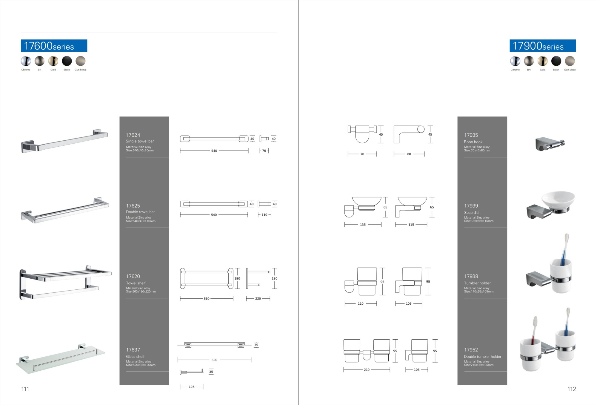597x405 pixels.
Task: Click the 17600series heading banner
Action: pyautogui.click(x=54, y=46)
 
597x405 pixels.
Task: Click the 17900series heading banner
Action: pyautogui.click(x=542, y=46)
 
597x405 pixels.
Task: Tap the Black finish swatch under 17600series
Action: pyautogui.click(x=67, y=61)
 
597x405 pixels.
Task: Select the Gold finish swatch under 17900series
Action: pyautogui.click(x=542, y=61)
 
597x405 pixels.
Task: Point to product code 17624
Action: pyautogui.click(x=133, y=135)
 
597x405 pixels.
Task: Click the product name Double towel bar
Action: pyautogui.click(x=140, y=212)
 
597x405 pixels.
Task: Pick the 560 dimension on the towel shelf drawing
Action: pyautogui.click(x=207, y=298)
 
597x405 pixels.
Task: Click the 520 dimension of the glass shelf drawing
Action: pyautogui.click(x=214, y=360)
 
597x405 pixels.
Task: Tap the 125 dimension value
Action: pyautogui.click(x=192, y=387)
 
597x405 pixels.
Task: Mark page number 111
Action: pyautogui.click(x=25, y=389)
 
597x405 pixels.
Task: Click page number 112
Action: pyautogui.click(x=572, y=389)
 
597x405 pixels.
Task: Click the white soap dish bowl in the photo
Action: pyautogui.click(x=558, y=198)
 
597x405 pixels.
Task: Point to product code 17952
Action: pyautogui.click(x=471, y=350)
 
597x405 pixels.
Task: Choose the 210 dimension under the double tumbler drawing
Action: pyautogui.click(x=367, y=370)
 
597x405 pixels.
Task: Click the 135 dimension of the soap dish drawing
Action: pyautogui.click(x=363, y=225)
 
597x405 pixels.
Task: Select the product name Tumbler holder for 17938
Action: pyautogui.click(x=477, y=283)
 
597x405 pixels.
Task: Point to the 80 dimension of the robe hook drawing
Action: pyautogui.click(x=409, y=154)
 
